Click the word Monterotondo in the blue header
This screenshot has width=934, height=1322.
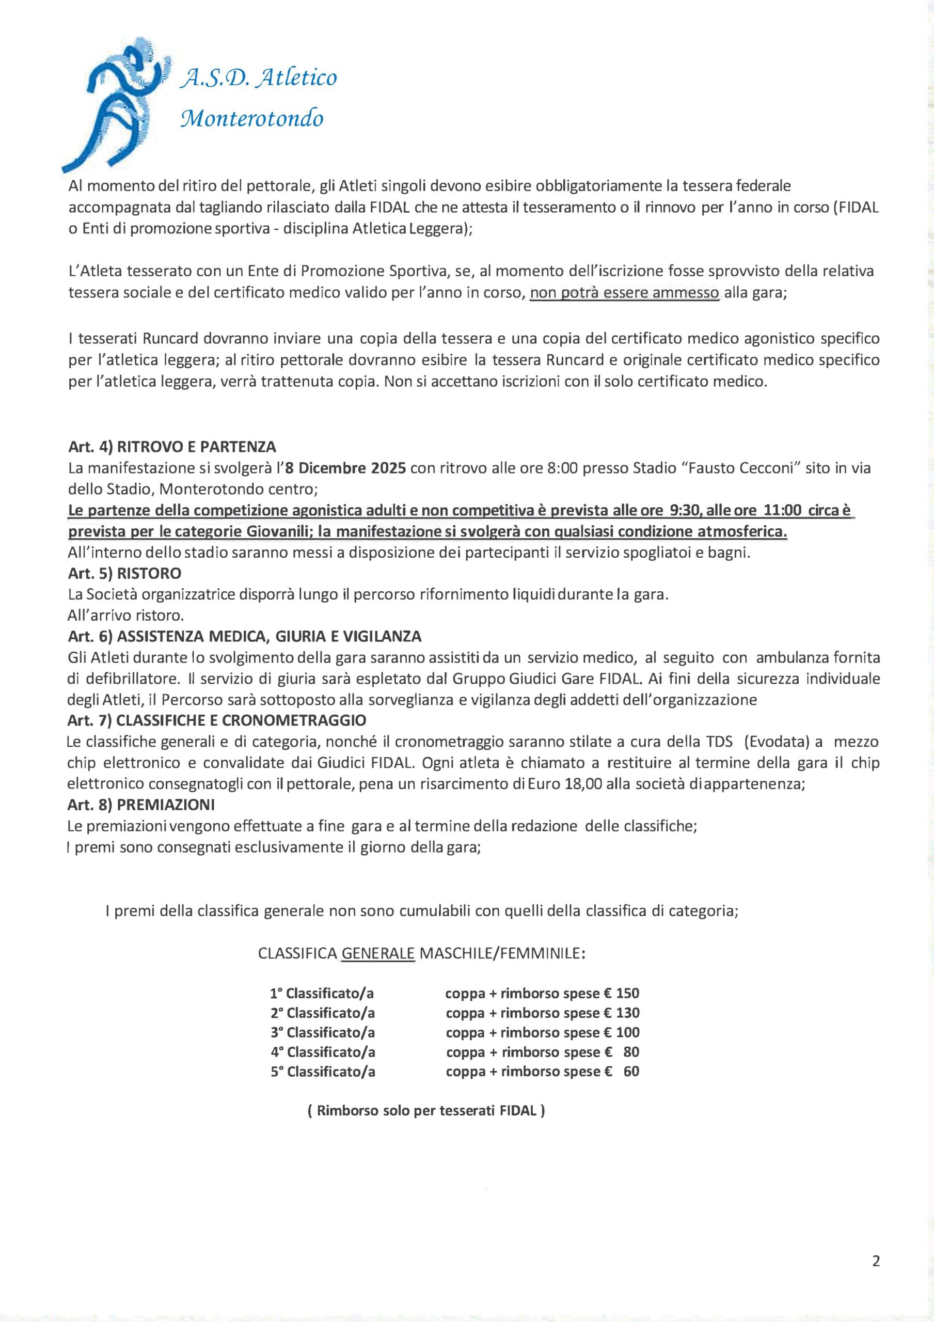[252, 119]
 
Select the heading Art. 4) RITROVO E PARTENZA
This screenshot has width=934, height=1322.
[172, 446]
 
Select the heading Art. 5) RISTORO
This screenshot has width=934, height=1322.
[124, 574]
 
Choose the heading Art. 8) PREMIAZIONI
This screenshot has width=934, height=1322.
[141, 805]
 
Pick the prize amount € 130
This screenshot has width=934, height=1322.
[622, 1012]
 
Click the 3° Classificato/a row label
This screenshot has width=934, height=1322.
[323, 1032]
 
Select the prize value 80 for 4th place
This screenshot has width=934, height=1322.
[631, 1051]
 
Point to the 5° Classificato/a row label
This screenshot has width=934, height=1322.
[323, 1071]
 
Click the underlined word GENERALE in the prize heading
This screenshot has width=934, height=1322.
[378, 953]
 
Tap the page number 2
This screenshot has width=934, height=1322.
[876, 1261]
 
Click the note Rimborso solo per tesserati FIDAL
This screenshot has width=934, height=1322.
[426, 1111]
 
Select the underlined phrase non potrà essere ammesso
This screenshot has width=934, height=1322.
[624, 292]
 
